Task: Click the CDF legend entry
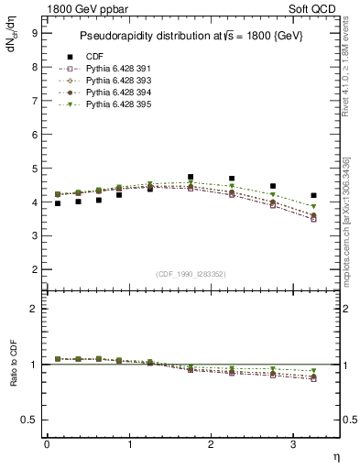pos(94,57)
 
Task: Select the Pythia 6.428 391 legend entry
pos(114,70)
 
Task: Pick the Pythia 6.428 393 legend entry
pos(114,82)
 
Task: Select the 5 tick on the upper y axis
pos(33,169)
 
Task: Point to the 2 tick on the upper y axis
pos(33,270)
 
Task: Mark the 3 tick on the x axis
pos(293,445)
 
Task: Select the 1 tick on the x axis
pos(128,445)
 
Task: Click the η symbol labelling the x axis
pos(335,455)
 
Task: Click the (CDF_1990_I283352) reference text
pos(191,273)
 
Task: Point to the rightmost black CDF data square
pos(314,195)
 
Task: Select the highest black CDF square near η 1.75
pos(191,177)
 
